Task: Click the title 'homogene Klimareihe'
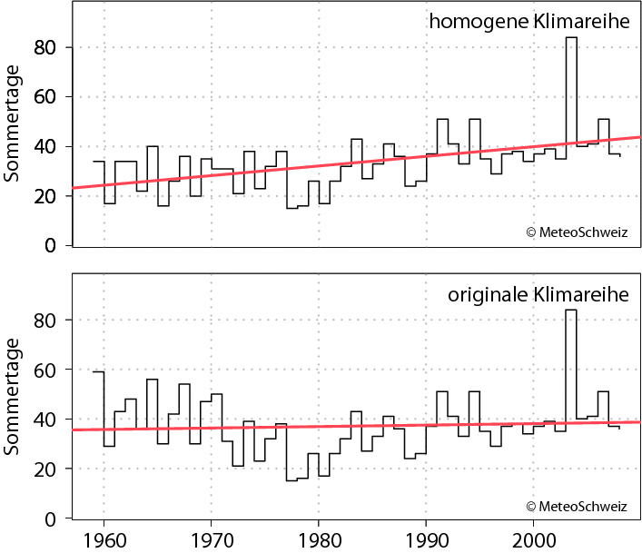pos(530,22)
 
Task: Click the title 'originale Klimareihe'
pos(538,295)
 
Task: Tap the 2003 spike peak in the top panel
pos(571,38)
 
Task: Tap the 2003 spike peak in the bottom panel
pos(571,311)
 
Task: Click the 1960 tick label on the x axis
pos(104,538)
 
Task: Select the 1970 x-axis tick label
pos(211,538)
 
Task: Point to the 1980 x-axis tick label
pos(318,538)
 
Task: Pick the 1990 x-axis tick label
pos(425,538)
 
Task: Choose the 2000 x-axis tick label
pos(532,538)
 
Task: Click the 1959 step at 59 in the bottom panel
pos(98,371)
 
